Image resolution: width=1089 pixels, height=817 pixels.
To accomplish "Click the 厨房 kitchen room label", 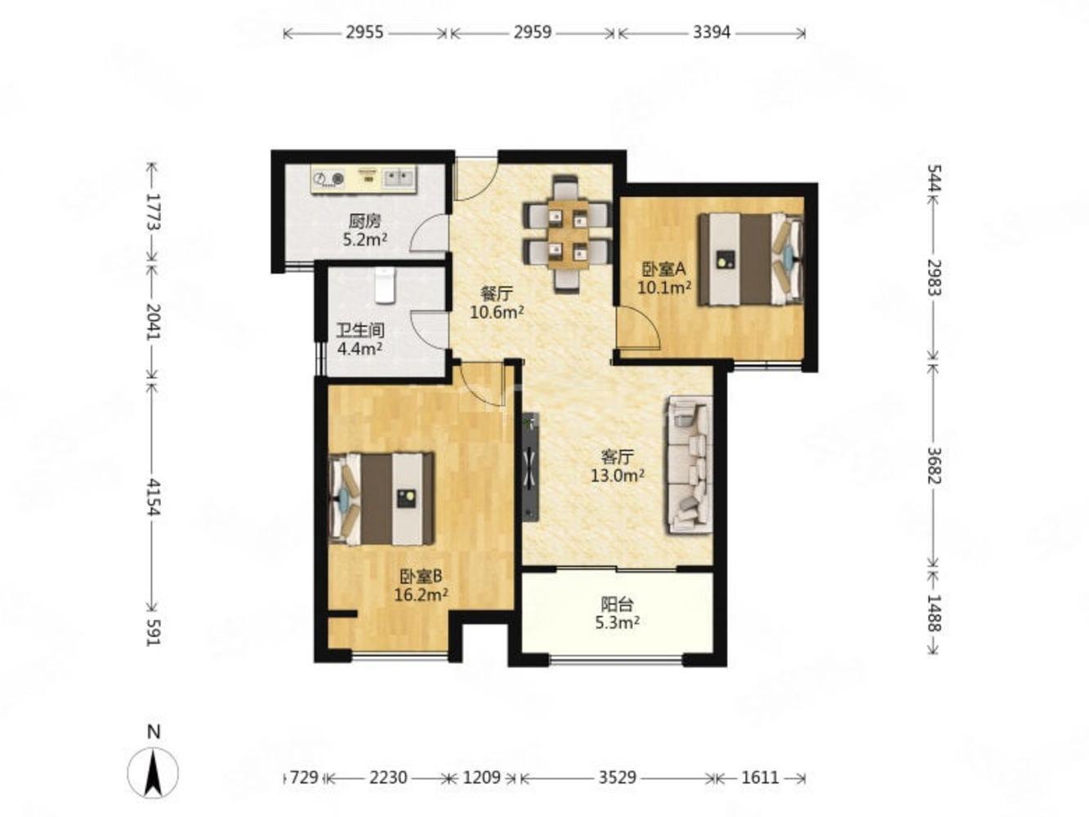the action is [x=364, y=221].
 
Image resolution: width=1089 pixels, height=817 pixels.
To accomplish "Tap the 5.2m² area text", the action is [x=364, y=240].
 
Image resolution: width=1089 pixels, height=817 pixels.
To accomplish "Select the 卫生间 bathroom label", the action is [x=360, y=330].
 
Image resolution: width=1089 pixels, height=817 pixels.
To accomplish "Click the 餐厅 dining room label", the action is [x=496, y=294].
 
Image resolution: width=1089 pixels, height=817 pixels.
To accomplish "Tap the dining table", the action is [x=568, y=234].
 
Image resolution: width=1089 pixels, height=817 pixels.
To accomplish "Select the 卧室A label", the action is [x=664, y=270].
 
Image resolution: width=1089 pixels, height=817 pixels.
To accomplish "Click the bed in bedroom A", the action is [x=750, y=259].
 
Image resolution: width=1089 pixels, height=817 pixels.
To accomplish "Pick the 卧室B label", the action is [x=422, y=576].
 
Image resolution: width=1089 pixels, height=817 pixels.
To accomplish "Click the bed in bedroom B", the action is [x=382, y=498].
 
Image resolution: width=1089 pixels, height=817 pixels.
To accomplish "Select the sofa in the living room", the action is [x=690, y=464].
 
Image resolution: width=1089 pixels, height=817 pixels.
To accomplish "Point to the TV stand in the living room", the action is [x=530, y=467].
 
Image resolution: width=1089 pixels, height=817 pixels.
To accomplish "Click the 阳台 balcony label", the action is [x=617, y=605].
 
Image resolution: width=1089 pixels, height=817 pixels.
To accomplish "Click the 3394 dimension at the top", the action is [x=712, y=32].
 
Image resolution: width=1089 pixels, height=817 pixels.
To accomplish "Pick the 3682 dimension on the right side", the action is [x=935, y=466].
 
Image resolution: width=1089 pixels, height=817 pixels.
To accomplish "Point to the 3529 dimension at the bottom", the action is [x=617, y=777].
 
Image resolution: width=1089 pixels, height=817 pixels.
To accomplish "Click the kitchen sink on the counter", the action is [x=399, y=178].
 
